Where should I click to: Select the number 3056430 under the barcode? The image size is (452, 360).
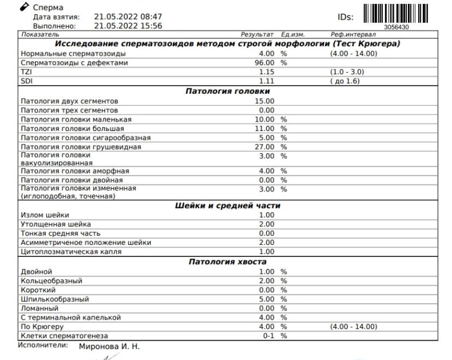tap(397, 27)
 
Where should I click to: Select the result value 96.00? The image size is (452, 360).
tap(265, 63)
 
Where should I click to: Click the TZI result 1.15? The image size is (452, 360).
tap(266, 72)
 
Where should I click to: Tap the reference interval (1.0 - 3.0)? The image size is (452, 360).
tap(348, 72)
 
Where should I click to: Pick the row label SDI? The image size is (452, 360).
tap(26, 81)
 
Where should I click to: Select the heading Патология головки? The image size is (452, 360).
tap(228, 91)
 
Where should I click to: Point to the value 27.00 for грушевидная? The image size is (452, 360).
tap(265, 147)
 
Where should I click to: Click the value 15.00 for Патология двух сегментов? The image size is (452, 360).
tap(265, 101)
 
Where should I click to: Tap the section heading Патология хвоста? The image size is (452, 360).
tap(228, 262)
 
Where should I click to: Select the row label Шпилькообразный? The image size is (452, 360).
tap(54, 299)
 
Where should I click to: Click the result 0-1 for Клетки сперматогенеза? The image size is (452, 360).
tap(269, 336)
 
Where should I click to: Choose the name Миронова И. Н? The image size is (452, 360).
tap(110, 346)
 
